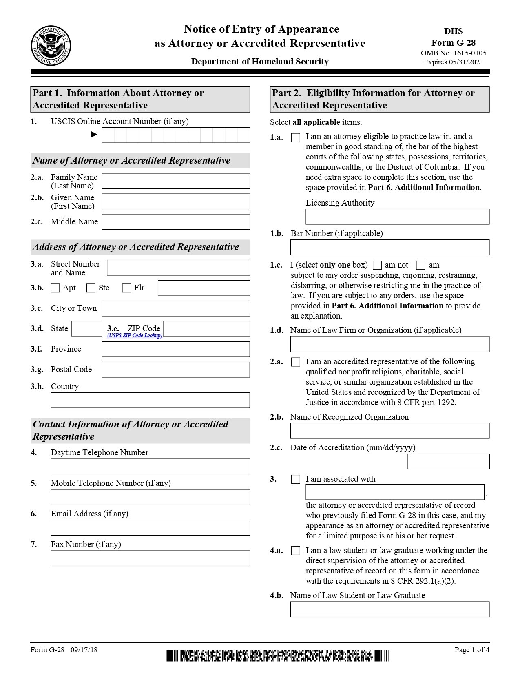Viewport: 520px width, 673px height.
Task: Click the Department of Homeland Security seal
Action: click(x=51, y=45)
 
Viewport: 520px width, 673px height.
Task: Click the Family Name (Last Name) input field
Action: click(x=175, y=181)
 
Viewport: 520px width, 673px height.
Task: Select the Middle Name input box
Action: click(x=175, y=222)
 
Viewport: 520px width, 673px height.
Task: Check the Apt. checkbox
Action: click(x=55, y=288)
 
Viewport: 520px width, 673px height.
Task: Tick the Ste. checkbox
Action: click(x=91, y=288)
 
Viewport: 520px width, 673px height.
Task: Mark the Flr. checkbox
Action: click(x=126, y=288)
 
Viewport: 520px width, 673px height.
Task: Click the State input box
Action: click(x=86, y=329)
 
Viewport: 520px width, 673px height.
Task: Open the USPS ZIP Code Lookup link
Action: click(x=135, y=335)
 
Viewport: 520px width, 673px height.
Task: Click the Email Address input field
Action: click(x=150, y=528)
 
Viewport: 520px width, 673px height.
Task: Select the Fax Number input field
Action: click(x=150, y=558)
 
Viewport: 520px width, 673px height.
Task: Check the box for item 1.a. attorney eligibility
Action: click(x=296, y=138)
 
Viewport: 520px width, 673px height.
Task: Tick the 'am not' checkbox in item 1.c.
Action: click(x=377, y=265)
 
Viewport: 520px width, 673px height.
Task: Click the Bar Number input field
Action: click(x=389, y=247)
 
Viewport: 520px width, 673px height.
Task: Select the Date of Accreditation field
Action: click(x=448, y=461)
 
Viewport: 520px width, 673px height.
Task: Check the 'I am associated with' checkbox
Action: click(x=296, y=479)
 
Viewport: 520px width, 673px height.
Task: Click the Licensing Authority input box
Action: click(x=397, y=217)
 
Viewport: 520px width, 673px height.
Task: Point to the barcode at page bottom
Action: click(x=277, y=656)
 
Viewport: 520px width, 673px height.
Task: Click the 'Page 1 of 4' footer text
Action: click(x=471, y=650)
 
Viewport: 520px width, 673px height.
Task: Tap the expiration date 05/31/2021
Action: click(x=466, y=62)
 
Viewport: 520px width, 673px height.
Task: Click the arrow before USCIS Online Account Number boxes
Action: click(x=94, y=134)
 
